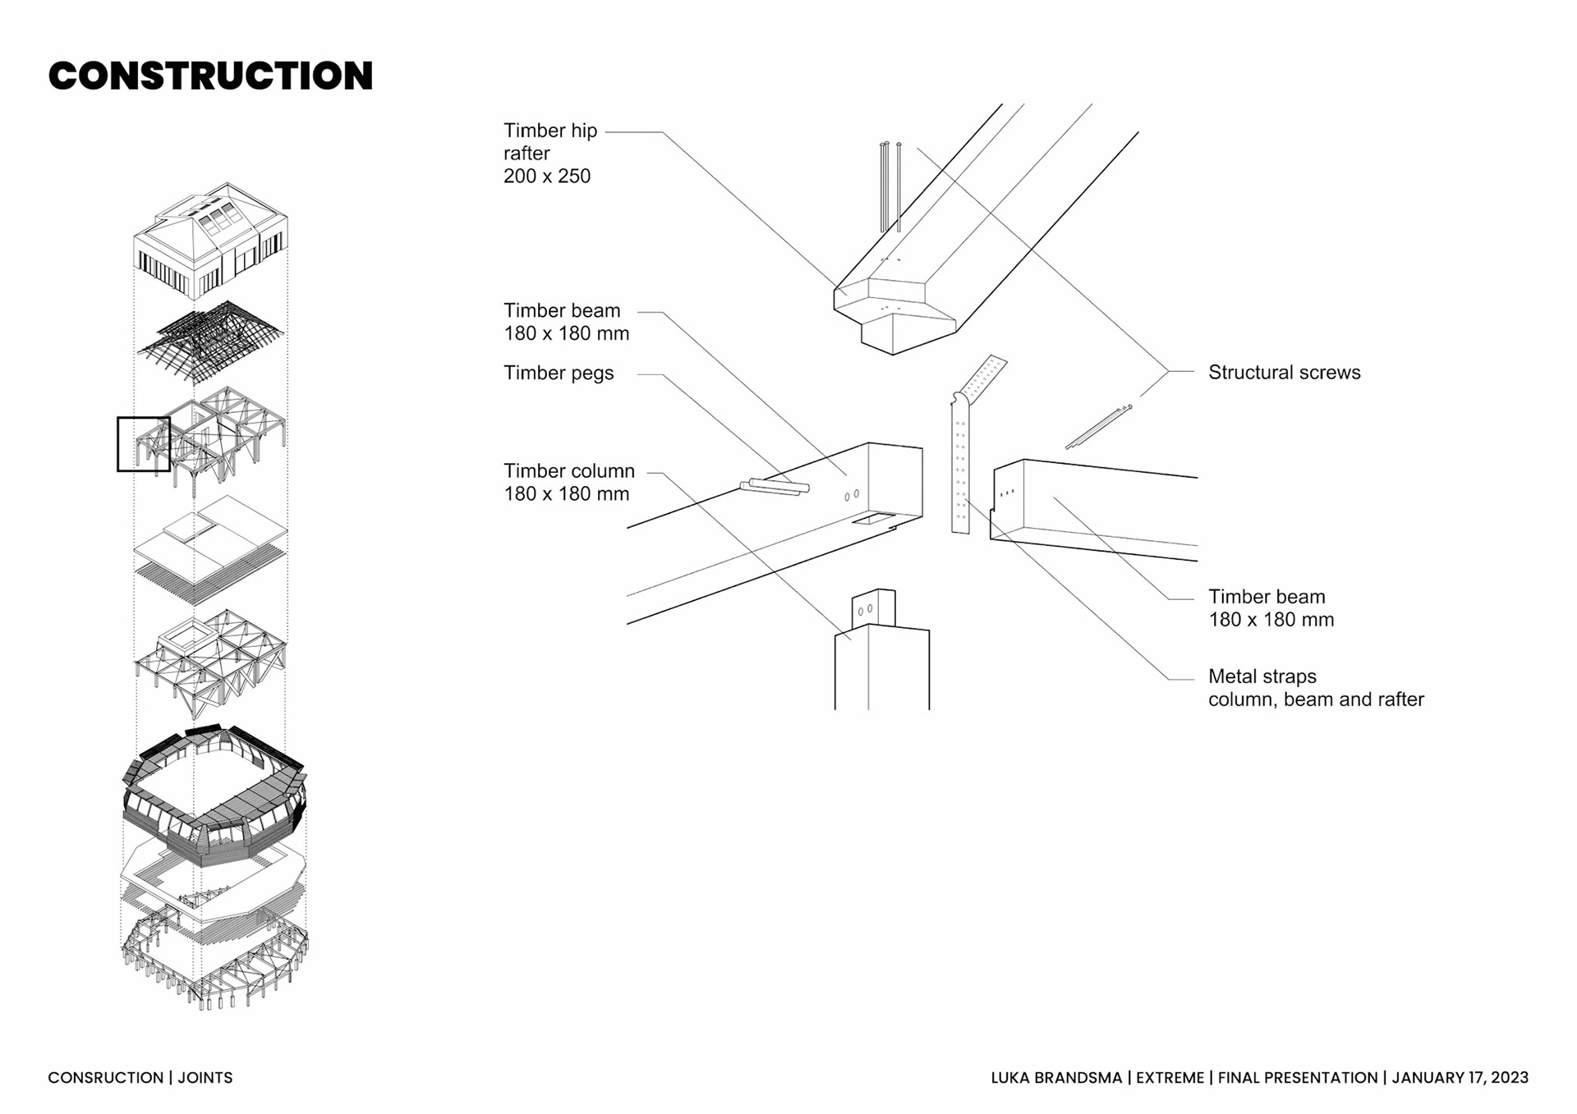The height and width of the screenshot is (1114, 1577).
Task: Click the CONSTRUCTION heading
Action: coord(210,76)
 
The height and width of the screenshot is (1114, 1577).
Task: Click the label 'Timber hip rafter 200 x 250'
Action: coord(550,154)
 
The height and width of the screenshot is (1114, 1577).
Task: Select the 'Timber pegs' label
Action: coord(559,374)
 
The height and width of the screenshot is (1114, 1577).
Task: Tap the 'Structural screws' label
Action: coord(1284,373)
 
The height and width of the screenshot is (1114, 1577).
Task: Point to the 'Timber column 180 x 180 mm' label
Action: coord(568,483)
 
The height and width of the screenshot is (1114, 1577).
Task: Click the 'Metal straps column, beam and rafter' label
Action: coord(1315,688)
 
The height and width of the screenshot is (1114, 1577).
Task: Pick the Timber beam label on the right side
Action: coord(1271,608)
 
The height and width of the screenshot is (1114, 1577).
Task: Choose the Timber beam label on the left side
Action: coord(566,322)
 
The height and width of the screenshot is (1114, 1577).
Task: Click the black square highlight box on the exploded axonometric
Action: coord(144,444)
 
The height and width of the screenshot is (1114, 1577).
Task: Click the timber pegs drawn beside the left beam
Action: coord(775,486)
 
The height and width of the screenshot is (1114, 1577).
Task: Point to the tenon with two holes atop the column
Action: coord(873,608)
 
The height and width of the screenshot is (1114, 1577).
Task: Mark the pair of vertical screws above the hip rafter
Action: coord(890,187)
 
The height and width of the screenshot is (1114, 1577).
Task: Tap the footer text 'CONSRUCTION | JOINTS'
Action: coord(140,1078)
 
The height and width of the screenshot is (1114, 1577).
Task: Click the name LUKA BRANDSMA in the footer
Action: coord(1055,1078)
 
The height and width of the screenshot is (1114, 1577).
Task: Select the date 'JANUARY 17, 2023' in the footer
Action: coord(1460,1078)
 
